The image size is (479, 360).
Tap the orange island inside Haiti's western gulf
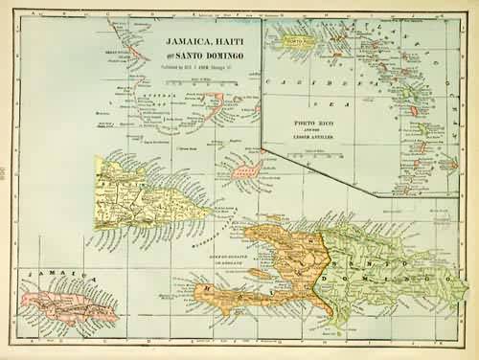259,274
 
